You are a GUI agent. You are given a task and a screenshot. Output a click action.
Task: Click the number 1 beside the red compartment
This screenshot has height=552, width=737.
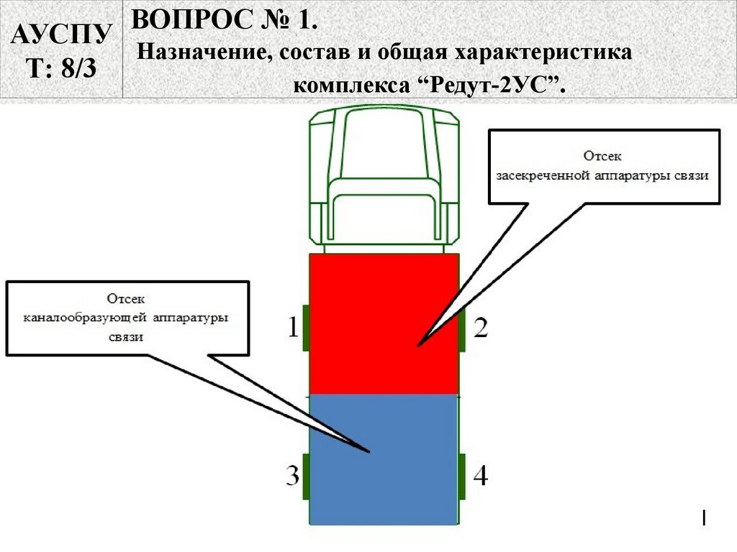click(293, 328)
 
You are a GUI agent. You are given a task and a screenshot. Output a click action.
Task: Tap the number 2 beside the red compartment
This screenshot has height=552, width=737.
click(481, 328)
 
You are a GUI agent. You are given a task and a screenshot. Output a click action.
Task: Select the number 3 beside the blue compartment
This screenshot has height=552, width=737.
click(292, 476)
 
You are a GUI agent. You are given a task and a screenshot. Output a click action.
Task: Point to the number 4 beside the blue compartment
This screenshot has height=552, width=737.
click(480, 475)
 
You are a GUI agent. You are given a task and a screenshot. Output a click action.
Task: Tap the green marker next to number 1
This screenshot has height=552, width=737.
click(306, 328)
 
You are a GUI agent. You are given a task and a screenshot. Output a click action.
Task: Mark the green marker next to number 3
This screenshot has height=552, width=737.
click(306, 476)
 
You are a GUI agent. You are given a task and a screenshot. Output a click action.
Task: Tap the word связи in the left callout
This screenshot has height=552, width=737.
click(127, 336)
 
